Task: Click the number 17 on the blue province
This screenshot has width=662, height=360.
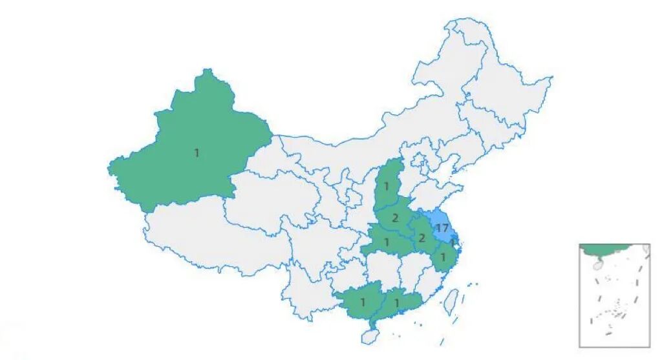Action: (x=442, y=228)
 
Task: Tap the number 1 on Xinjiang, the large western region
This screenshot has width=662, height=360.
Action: (x=197, y=153)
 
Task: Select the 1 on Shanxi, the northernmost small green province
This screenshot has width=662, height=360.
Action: (x=386, y=187)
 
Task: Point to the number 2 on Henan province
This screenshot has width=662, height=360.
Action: (x=394, y=218)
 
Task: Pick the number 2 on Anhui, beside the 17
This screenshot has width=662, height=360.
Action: (x=422, y=238)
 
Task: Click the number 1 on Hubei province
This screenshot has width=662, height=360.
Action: (x=386, y=242)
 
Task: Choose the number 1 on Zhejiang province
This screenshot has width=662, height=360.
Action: (x=443, y=257)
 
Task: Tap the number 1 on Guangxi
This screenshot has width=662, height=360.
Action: (x=363, y=302)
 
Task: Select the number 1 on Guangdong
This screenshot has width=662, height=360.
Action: (x=397, y=302)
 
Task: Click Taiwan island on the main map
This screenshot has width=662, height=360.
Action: (x=453, y=301)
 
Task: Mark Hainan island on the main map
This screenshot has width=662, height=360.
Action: (x=369, y=336)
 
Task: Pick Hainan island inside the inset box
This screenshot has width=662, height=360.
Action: (x=598, y=264)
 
